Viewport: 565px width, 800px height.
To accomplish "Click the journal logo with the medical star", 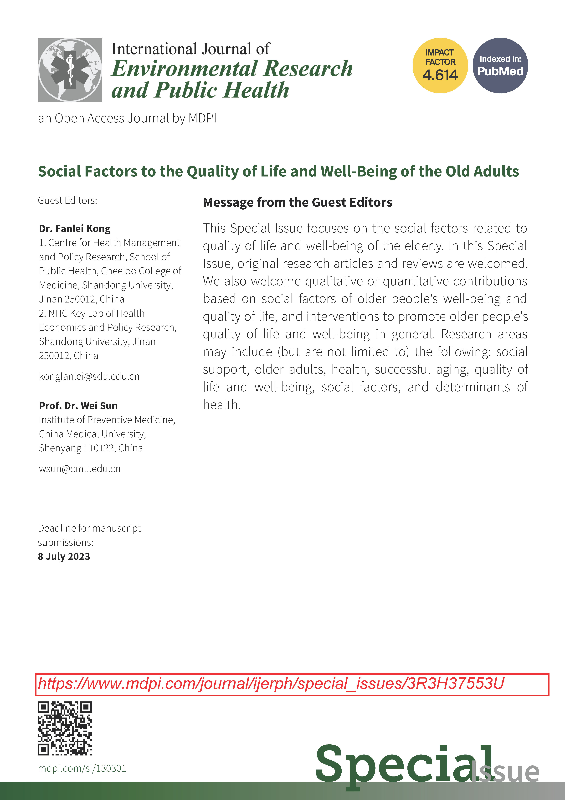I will pyautogui.click(x=70, y=70).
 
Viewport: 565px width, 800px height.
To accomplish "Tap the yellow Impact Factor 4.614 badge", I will pyautogui.click(x=440, y=65).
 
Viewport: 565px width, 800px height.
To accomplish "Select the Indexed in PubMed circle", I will pyautogui.click(x=500, y=65).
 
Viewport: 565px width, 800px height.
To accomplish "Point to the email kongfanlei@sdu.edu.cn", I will pyautogui.click(x=89, y=376).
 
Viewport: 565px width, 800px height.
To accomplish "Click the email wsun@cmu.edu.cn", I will pyautogui.click(x=80, y=469).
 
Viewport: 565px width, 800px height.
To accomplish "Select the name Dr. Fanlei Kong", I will pyautogui.click(x=75, y=229).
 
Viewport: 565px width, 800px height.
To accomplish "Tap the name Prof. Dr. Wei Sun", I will pyautogui.click(x=78, y=406).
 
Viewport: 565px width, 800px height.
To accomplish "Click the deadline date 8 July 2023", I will pyautogui.click(x=64, y=556).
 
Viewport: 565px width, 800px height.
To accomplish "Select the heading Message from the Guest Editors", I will pyautogui.click(x=298, y=202).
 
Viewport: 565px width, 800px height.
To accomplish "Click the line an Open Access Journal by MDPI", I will pyautogui.click(x=127, y=118).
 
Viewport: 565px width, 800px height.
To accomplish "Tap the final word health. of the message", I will pyautogui.click(x=222, y=405).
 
